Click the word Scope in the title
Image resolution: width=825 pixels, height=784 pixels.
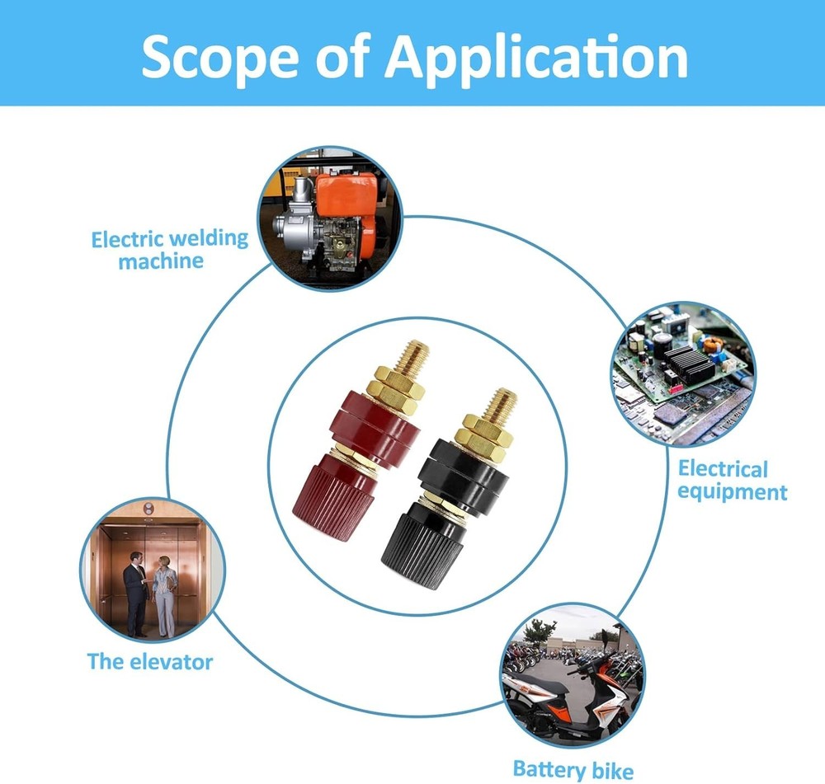(219, 57)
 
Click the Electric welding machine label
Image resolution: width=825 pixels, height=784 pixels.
(169, 250)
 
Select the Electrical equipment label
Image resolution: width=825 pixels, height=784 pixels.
(732, 480)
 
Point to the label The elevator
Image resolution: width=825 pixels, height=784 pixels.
(150, 661)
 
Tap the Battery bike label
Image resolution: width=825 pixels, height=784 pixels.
(573, 770)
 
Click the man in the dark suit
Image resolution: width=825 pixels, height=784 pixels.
(135, 594)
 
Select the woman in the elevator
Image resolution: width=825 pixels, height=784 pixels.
(164, 596)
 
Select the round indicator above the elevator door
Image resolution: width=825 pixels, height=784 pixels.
(148, 509)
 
